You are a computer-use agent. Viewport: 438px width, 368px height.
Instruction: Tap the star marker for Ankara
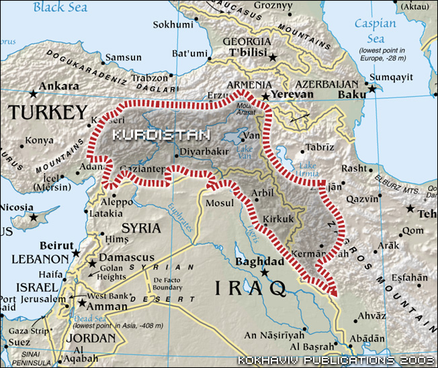(33, 93)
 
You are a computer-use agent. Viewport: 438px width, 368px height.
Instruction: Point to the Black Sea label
(60, 7)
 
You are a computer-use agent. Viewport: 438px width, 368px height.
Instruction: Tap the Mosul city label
(220, 203)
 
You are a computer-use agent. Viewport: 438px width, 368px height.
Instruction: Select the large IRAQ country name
(251, 289)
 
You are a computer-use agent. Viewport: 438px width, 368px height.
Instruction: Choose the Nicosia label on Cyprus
(19, 207)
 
